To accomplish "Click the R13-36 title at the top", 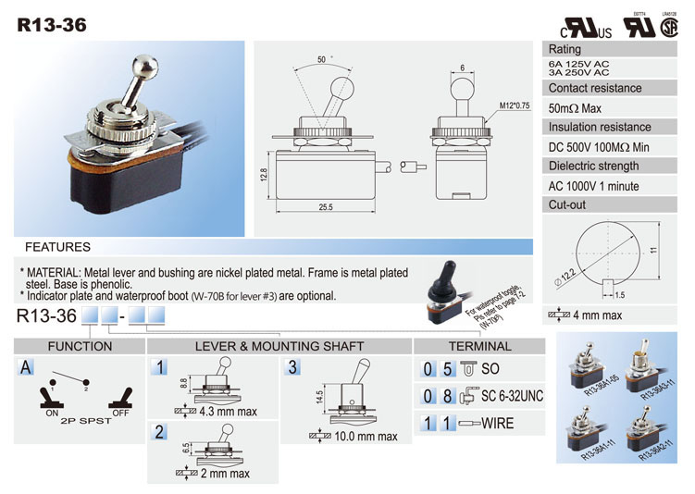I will click(52, 26).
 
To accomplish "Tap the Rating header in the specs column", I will click(565, 49).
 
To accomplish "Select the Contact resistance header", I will click(594, 88).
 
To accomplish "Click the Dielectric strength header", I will click(593, 166).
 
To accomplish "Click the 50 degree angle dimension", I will click(322, 59).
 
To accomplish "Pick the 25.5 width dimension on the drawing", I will click(325, 206).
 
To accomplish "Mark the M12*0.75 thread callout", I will click(515, 105).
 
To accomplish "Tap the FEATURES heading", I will click(57, 247).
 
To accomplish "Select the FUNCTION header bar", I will click(80, 346).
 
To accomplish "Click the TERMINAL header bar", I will click(479, 346).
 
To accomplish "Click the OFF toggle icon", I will click(119, 401).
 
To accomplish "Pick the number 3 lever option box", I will click(293, 367).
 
